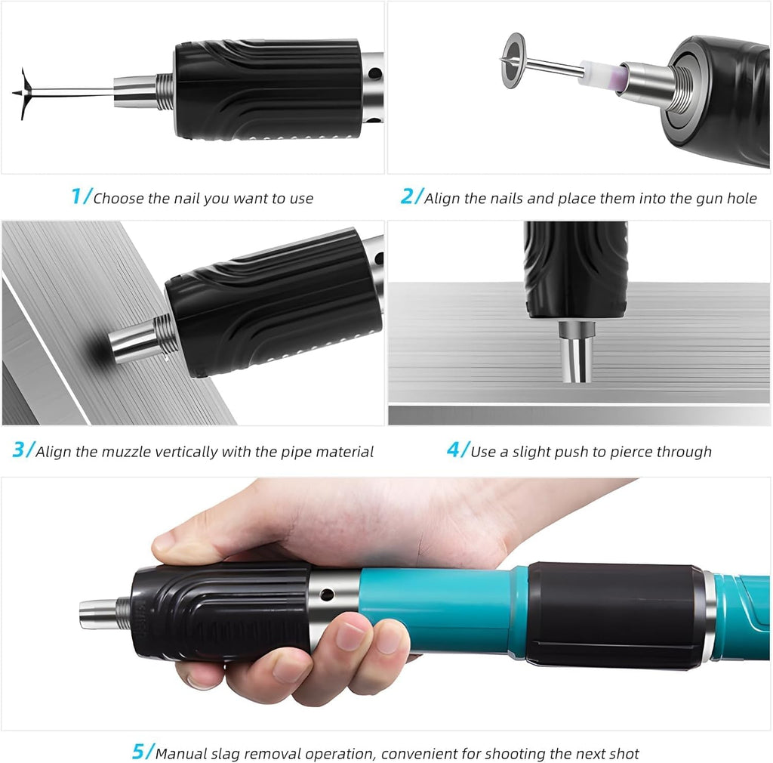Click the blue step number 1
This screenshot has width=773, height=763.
tap(76, 197)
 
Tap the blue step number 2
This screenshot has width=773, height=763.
tap(408, 197)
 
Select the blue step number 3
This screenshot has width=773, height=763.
tap(20, 450)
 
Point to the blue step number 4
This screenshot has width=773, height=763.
tap(454, 450)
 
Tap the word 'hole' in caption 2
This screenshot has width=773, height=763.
tap(741, 199)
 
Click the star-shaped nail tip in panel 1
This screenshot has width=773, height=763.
tap(24, 93)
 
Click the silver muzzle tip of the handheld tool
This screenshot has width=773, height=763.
tap(97, 613)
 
